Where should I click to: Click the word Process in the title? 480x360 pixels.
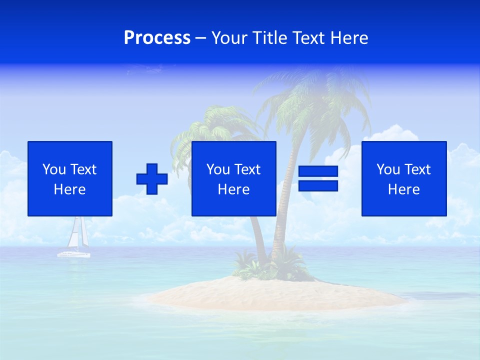click(x=157, y=38)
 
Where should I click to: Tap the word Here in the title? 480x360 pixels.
click(x=349, y=38)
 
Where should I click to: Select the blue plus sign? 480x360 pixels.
click(x=152, y=178)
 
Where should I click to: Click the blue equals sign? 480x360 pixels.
click(x=318, y=178)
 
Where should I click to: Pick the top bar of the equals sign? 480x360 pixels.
click(x=318, y=171)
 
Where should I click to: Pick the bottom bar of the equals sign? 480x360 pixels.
click(x=318, y=185)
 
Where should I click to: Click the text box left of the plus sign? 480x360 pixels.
click(x=70, y=178)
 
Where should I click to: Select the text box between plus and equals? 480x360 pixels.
click(x=233, y=178)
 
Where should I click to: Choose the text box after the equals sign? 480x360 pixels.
click(x=403, y=178)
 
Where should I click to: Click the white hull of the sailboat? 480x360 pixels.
click(x=73, y=254)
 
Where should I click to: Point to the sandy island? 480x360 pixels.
click(x=280, y=295)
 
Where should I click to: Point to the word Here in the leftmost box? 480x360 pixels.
click(x=69, y=189)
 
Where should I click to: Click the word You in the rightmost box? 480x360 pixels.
click(x=388, y=169)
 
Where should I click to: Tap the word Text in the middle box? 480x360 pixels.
click(x=247, y=169)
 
